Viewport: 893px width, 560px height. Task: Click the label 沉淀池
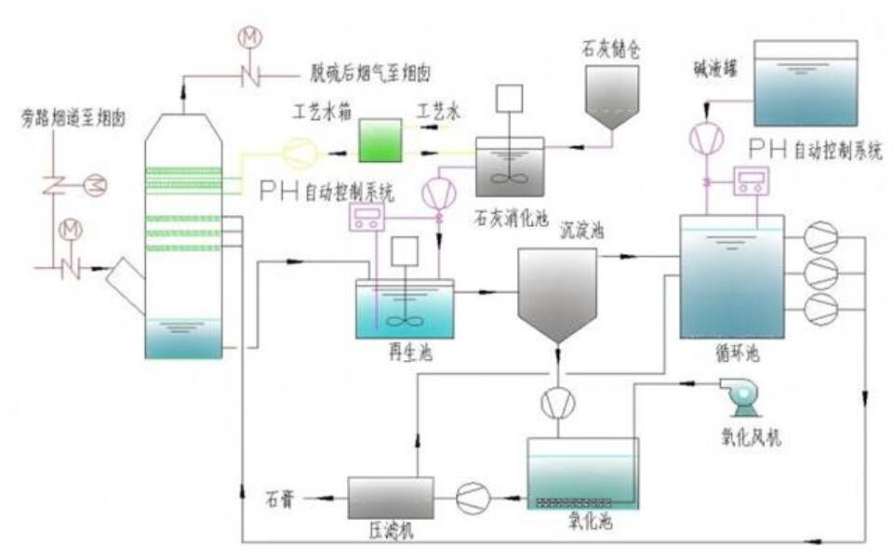click(x=581, y=229)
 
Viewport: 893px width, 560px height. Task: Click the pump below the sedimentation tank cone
click(x=557, y=402)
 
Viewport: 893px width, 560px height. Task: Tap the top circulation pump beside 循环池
click(x=820, y=238)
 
